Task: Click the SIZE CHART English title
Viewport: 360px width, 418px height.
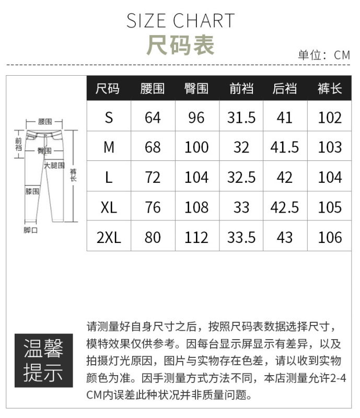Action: pyautogui.click(x=181, y=21)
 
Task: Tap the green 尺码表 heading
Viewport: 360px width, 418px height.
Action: pyautogui.click(x=181, y=45)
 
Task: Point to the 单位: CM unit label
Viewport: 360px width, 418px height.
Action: pyautogui.click(x=324, y=55)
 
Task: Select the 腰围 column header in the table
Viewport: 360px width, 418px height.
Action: pyautogui.click(x=153, y=88)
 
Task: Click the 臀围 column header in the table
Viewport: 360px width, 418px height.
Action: pyautogui.click(x=196, y=88)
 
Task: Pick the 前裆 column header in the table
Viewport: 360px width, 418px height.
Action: pyautogui.click(x=241, y=88)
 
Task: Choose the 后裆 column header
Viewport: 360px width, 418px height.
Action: pyautogui.click(x=285, y=88)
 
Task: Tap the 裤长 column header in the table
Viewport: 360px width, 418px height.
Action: pyautogui.click(x=330, y=88)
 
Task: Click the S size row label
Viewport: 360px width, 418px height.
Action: pyautogui.click(x=109, y=118)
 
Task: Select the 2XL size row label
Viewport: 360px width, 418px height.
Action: pyautogui.click(x=109, y=237)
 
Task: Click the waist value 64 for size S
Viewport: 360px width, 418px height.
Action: pyautogui.click(x=153, y=118)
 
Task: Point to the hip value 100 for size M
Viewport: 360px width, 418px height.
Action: pyautogui.click(x=196, y=147)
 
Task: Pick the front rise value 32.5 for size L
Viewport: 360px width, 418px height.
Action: pyautogui.click(x=241, y=177)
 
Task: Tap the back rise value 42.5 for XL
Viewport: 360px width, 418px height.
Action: pyautogui.click(x=285, y=207)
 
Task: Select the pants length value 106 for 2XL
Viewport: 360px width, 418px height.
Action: pyautogui.click(x=330, y=237)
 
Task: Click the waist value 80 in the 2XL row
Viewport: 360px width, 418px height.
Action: pyautogui.click(x=153, y=237)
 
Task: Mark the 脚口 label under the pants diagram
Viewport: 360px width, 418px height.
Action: pyautogui.click(x=31, y=230)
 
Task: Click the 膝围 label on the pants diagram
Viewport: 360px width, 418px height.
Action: pyautogui.click(x=32, y=191)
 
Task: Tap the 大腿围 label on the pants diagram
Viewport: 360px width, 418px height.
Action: pyautogui.click(x=54, y=166)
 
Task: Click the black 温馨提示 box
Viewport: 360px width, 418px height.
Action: pyautogui.click(x=44, y=361)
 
